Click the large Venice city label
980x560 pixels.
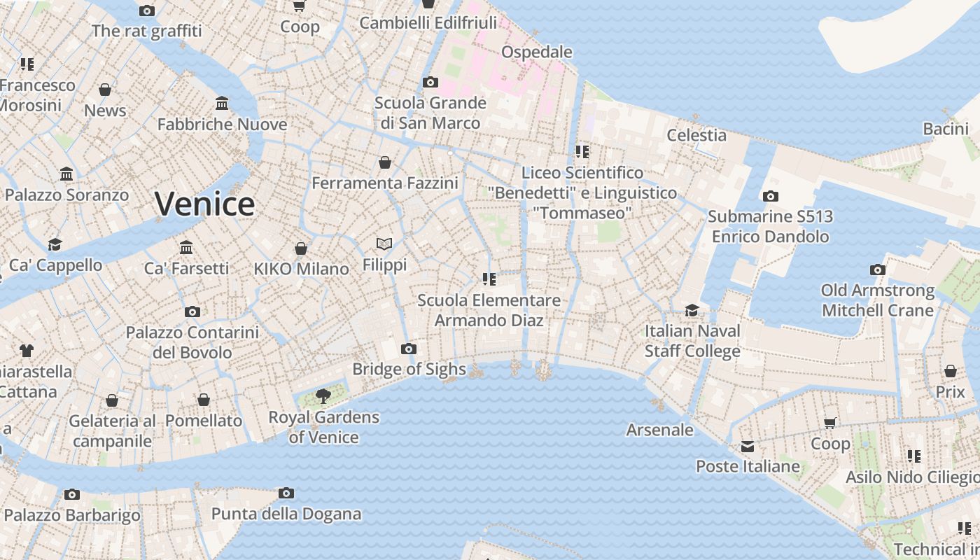click(204, 204)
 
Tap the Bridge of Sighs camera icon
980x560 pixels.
click(409, 349)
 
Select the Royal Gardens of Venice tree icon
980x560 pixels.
click(323, 396)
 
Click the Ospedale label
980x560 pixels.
click(537, 52)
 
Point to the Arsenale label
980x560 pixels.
click(659, 430)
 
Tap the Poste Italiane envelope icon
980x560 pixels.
click(748, 447)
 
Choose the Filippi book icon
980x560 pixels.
click(384, 244)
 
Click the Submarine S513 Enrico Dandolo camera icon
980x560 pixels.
click(771, 197)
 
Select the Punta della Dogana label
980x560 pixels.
click(286, 514)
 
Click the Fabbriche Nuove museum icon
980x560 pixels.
click(222, 104)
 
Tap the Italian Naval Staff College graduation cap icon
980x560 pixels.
click(692, 310)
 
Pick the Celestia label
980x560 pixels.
click(696, 135)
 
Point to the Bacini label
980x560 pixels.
click(946, 129)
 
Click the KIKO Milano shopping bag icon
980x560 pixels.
click(301, 248)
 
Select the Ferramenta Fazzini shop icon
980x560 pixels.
click(385, 162)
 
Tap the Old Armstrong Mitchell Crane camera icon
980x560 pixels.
click(877, 269)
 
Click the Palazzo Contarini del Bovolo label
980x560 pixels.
click(192, 342)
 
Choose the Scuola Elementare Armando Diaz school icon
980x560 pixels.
click(489, 279)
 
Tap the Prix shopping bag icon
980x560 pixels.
click(951, 371)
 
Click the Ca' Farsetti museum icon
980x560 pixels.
click(186, 247)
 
